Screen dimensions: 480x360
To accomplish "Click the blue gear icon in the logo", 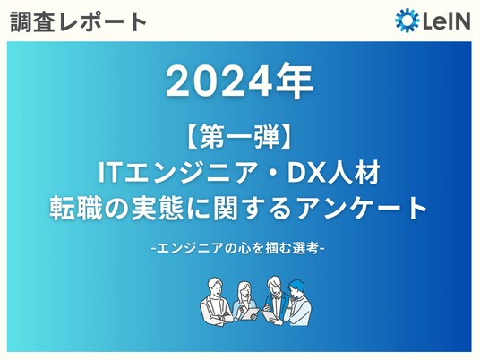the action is point(407,21).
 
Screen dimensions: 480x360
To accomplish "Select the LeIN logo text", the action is point(446,21).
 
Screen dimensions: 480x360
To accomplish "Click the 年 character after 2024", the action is point(295,81).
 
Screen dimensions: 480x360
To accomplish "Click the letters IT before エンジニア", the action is point(108,173).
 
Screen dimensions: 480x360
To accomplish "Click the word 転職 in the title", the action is point(76,208).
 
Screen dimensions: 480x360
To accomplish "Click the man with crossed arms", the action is point(215,303).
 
